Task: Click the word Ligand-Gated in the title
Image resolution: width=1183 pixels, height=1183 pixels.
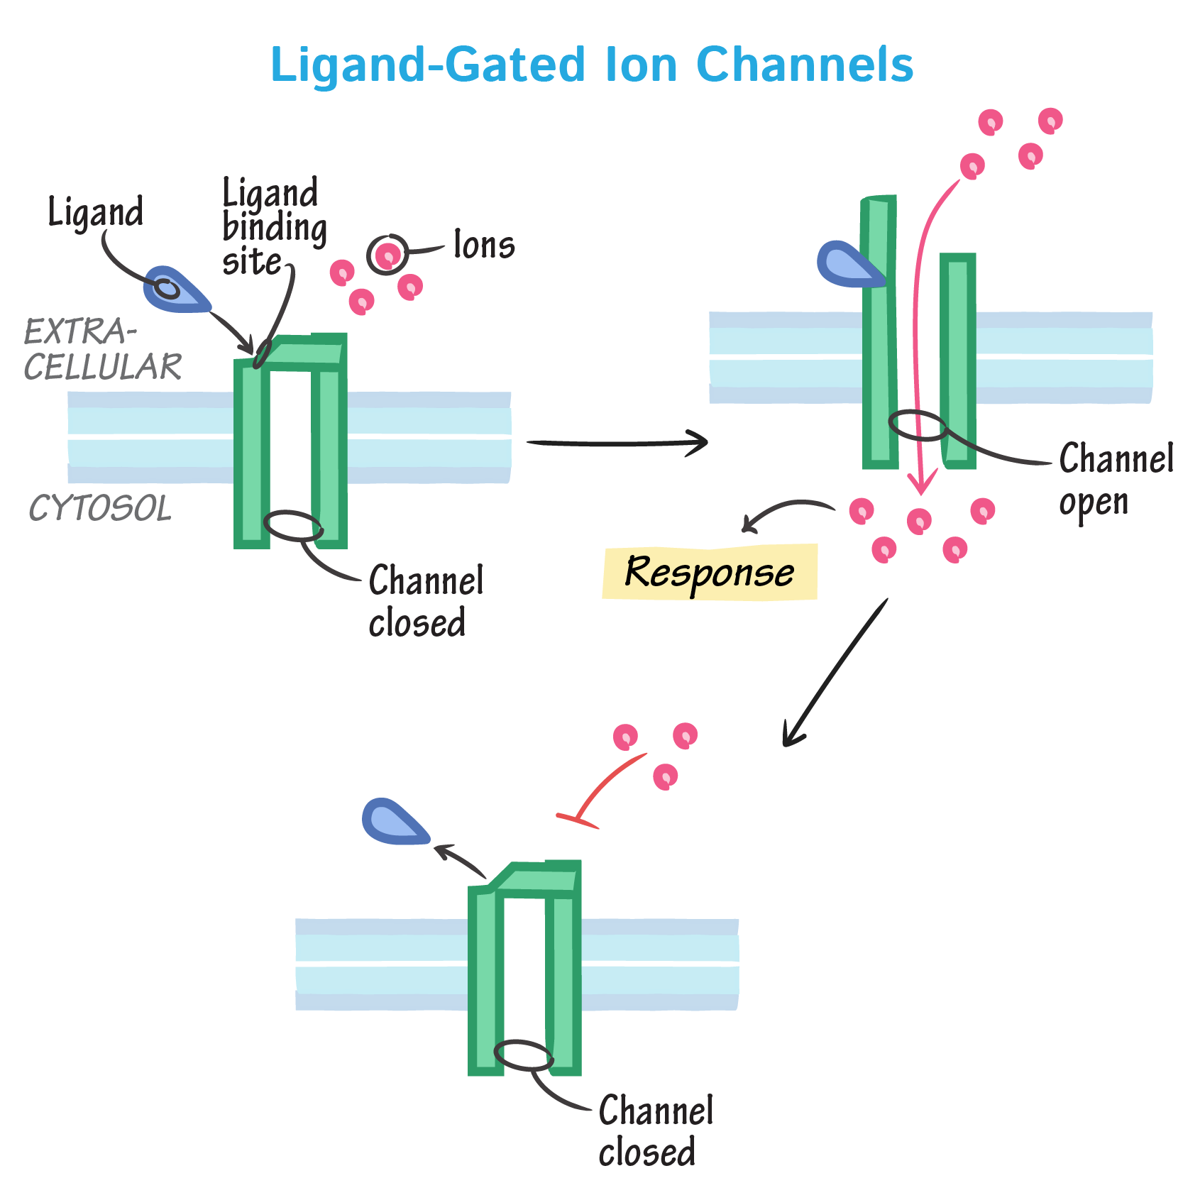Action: click(x=428, y=65)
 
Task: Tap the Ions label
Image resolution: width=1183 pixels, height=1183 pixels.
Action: click(x=484, y=246)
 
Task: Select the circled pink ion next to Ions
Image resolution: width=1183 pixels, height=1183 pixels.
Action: click(x=388, y=255)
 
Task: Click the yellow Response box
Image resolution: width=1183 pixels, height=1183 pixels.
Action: click(x=710, y=572)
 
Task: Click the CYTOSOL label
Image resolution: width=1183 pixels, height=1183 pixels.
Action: click(x=100, y=508)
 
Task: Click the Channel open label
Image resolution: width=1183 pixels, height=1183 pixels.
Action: click(x=1114, y=480)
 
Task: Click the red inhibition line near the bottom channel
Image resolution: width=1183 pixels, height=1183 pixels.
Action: click(x=603, y=788)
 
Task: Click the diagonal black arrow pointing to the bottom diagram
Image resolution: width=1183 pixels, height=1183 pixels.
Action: click(x=835, y=673)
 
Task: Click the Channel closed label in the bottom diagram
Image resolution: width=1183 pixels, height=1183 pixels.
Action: click(x=654, y=1130)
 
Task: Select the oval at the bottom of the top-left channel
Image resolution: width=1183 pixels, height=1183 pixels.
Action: click(x=293, y=526)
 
